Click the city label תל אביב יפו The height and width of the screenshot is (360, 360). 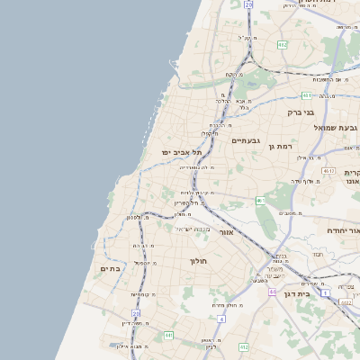click(178, 153)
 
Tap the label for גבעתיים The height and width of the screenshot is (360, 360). click(245, 141)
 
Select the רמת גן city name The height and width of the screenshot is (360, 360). click(282, 146)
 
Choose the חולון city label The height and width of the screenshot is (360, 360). click(198, 261)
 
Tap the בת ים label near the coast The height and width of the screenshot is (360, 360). click(110, 268)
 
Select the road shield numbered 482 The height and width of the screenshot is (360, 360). click(282, 44)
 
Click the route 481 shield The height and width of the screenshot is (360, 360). click(167, 335)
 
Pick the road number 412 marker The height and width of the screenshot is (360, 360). click(243, 346)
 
